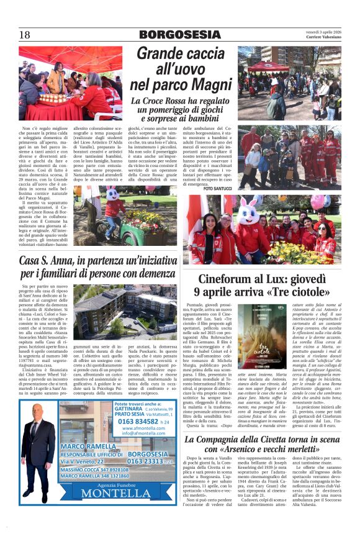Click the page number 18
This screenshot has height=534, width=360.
24,35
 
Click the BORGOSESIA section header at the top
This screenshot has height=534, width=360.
180,35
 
